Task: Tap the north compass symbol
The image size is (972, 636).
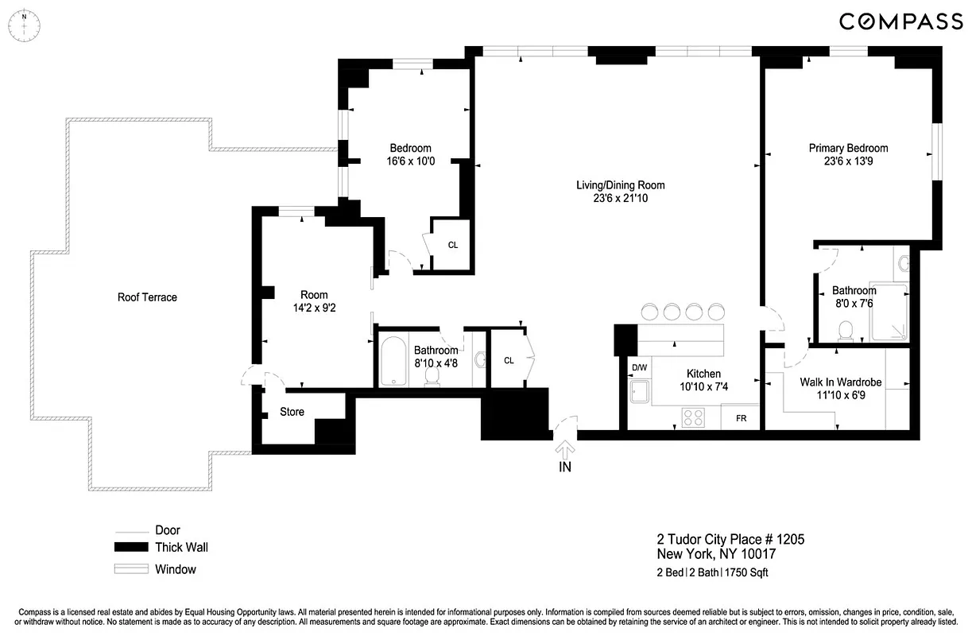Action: [25, 25]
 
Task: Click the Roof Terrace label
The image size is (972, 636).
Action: [147, 297]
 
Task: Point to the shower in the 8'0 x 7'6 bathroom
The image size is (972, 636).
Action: [889, 311]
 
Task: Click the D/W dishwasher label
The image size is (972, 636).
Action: [639, 368]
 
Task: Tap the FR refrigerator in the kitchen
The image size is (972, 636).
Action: [741, 417]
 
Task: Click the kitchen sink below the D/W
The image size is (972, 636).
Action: [639, 393]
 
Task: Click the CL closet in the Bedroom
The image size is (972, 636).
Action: [452, 245]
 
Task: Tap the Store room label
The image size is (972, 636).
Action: [292, 412]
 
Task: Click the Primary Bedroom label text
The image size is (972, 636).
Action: [848, 148]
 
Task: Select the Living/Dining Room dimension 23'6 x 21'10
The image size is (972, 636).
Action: [620, 199]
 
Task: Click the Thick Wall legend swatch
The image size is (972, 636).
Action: [131, 547]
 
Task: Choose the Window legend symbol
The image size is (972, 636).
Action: [131, 569]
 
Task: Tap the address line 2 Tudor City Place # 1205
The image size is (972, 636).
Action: [730, 540]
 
